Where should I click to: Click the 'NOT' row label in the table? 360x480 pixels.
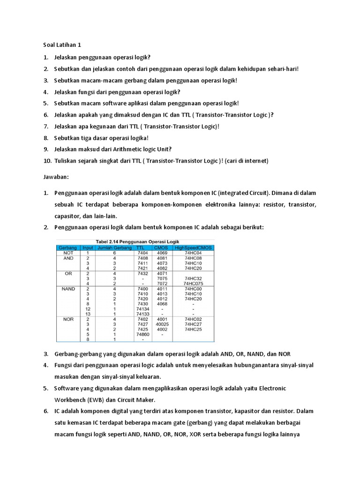(x=68, y=253)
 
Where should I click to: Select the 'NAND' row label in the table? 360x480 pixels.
(x=68, y=289)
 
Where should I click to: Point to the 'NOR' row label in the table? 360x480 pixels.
(x=68, y=319)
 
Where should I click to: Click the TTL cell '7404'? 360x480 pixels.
(x=142, y=253)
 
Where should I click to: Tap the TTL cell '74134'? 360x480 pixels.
(x=142, y=309)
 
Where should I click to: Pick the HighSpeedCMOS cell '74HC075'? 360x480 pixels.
(x=193, y=284)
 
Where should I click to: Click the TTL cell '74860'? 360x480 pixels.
(x=142, y=335)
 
